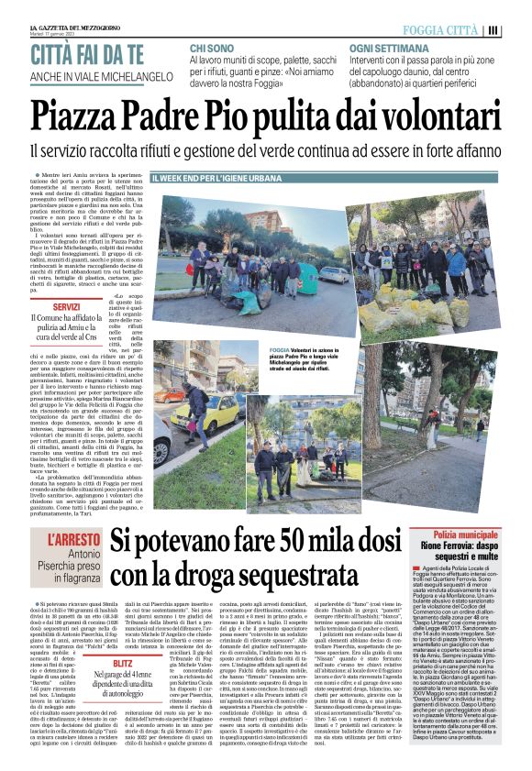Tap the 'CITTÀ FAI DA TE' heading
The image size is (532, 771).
pyautogui.click(x=87, y=51)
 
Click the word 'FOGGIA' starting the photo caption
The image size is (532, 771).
pyautogui.click(x=279, y=349)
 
